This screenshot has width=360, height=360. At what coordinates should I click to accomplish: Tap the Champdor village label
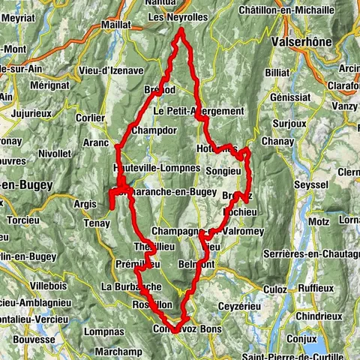pyautogui.click(x=153, y=130)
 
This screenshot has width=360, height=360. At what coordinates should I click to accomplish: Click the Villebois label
pyautogui.click(x=49, y=286)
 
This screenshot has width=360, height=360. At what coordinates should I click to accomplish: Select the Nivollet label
pyautogui.click(x=55, y=154)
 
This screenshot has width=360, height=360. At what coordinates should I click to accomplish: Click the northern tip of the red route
pyautogui.click(x=181, y=30)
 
